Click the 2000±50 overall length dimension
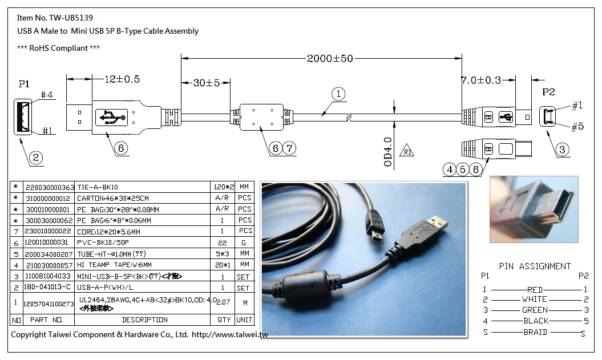[x=330, y=58]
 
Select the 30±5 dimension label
[x=206, y=83]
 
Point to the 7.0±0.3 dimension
[x=480, y=80]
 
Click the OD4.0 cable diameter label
[x=387, y=152]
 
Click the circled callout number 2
[x=36, y=158]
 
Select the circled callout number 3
[x=563, y=150]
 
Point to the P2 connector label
[x=548, y=92]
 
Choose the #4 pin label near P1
[x=47, y=96]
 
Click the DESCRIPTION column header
[x=144, y=320]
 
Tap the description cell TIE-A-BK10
[x=98, y=187]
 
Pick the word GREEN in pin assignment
[x=535, y=310]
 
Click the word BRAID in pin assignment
[x=535, y=332]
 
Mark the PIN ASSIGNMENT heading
[x=535, y=266]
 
